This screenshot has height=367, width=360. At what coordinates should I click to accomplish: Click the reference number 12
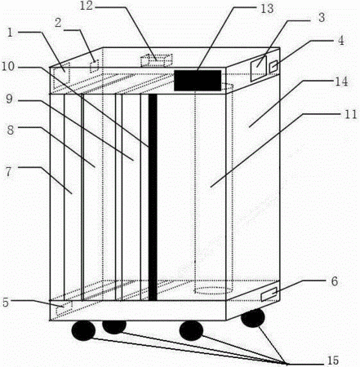pyautogui.click(x=87, y=6)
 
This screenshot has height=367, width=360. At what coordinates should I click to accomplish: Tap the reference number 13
pyautogui.click(x=267, y=8)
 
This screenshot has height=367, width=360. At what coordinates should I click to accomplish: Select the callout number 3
pyautogui.click(x=322, y=18)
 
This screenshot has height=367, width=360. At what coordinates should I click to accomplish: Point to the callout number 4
pyautogui.click(x=340, y=40)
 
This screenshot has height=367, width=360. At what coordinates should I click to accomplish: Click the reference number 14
pyautogui.click(x=341, y=82)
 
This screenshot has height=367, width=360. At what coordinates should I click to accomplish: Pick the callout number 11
pyautogui.click(x=350, y=114)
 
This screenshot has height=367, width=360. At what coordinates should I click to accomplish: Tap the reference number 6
pyautogui.click(x=335, y=281)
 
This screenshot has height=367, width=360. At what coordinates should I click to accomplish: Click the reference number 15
pyautogui.click(x=332, y=360)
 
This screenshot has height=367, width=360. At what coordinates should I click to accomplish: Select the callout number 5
pyautogui.click(x=6, y=303)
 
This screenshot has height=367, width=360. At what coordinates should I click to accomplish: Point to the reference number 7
pyautogui.click(x=9, y=172)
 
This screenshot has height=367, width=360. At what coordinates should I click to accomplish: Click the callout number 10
pyautogui.click(x=8, y=66)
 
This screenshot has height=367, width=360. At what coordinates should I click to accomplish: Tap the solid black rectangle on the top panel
pyautogui.click(x=198, y=81)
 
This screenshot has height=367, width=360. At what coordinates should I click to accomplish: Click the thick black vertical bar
pyautogui.click(x=153, y=197)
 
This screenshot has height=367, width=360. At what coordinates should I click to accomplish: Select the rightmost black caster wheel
pyautogui.click(x=253, y=318)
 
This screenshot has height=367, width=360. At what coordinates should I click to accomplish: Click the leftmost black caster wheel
pyautogui.click(x=83, y=330)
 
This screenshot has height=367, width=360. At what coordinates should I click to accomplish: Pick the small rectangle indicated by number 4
pyautogui.click(x=273, y=67)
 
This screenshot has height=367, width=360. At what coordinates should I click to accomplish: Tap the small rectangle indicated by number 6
pyautogui.click(x=269, y=294)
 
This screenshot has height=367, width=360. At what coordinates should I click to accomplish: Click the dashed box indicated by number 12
pyautogui.click(x=157, y=60)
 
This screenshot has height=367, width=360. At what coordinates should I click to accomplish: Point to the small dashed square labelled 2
pyautogui.click(x=94, y=66)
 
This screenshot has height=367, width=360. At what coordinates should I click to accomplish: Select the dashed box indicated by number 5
pyautogui.click(x=64, y=308)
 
